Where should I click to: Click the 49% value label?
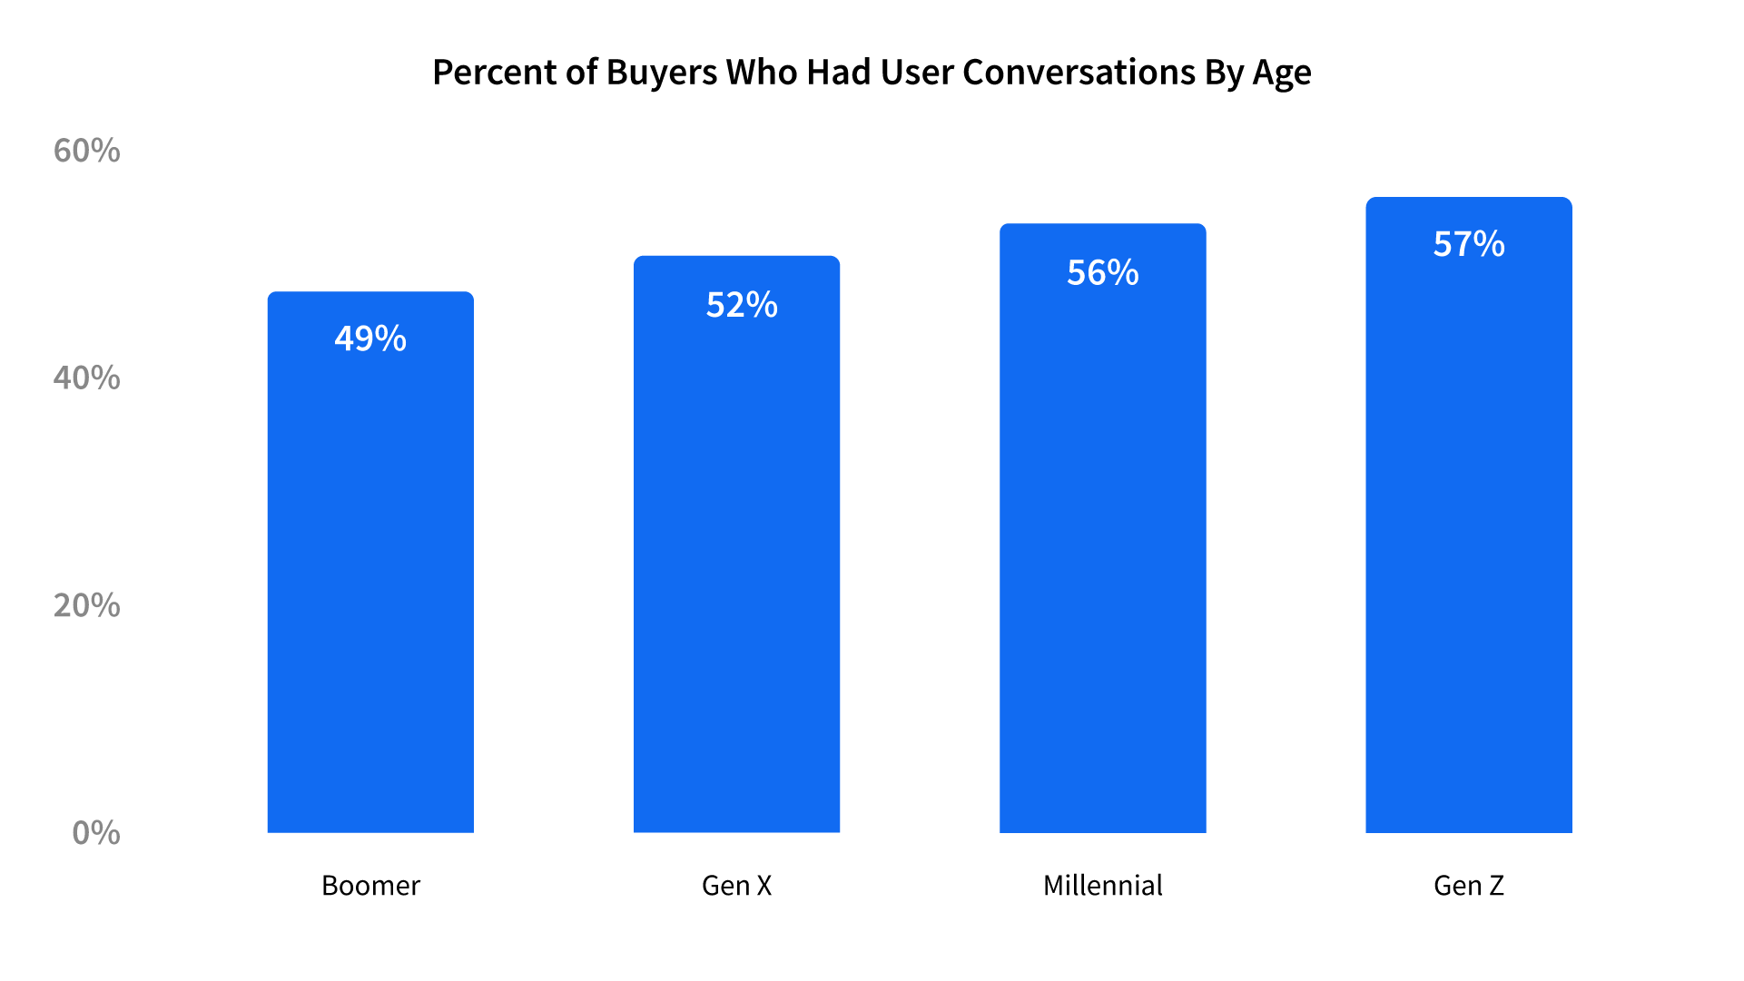coord(370,338)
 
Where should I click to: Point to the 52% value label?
coord(742,305)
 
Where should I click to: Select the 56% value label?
coord(1102,272)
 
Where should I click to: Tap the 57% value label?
coord(1468,244)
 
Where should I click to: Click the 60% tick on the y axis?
coord(86,151)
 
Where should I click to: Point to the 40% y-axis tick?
coord(86,378)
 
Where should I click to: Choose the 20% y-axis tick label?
coord(86,605)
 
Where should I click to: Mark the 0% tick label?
coord(95,833)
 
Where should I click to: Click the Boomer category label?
coord(370,886)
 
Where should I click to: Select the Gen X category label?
coord(736,886)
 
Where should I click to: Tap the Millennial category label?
coord(1102,886)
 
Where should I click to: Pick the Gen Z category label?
coord(1468,886)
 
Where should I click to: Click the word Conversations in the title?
coord(1079,73)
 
